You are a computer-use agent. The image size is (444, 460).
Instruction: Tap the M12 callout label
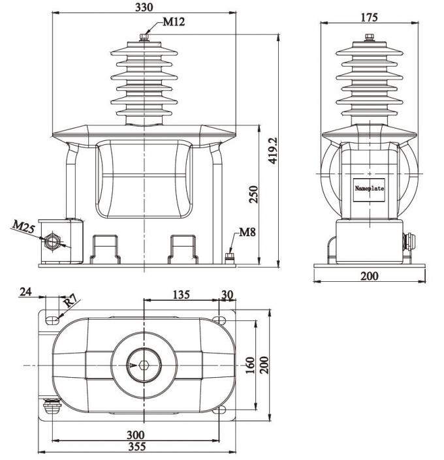pos(173,22)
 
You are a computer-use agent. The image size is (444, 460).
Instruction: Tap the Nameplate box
pos(370,189)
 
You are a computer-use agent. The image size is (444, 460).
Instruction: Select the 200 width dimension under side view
pos(370,276)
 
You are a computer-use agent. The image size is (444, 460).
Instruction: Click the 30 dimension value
pos(227,294)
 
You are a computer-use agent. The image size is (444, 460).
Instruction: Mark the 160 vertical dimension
pos(250,366)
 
